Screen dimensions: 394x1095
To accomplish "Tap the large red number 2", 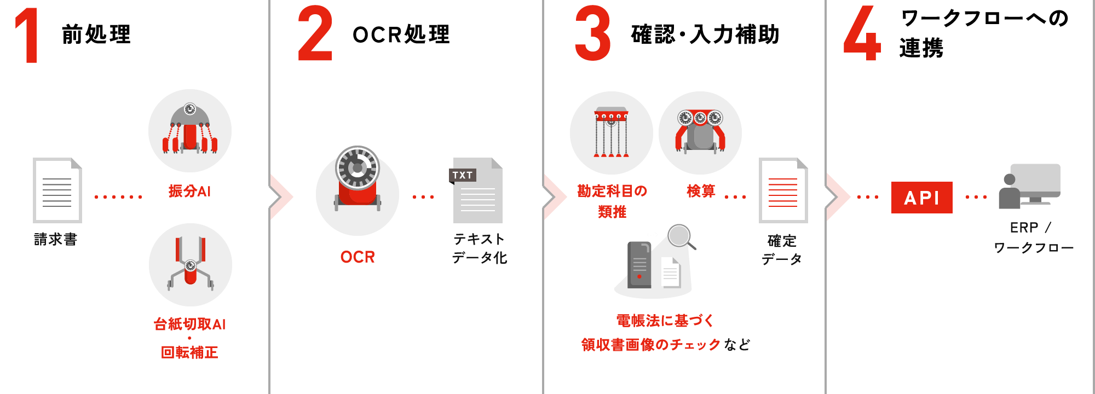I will (x=315, y=34).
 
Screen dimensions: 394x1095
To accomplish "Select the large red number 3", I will (x=593, y=34).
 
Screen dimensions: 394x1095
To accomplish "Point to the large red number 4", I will (x=862, y=34).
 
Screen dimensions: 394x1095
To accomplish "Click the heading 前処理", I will (x=96, y=34).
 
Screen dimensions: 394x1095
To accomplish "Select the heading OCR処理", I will (x=401, y=34).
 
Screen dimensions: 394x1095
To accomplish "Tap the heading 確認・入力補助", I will (x=705, y=34).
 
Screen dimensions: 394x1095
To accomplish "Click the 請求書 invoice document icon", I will (x=57, y=190).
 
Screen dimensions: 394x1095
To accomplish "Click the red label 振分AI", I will (x=189, y=192).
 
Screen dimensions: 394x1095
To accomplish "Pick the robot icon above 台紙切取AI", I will (x=190, y=265).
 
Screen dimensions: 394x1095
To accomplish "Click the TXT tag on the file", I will (x=463, y=175).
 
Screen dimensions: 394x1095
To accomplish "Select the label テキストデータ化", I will (x=479, y=248).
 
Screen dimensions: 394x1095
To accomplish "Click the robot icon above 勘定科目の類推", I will (x=611, y=132).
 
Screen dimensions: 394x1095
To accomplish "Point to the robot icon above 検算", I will (x=700, y=132).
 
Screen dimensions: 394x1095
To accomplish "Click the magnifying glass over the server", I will (x=679, y=236).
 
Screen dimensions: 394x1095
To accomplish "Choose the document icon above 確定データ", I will (x=783, y=190).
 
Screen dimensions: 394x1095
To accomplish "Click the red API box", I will (x=921, y=197).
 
